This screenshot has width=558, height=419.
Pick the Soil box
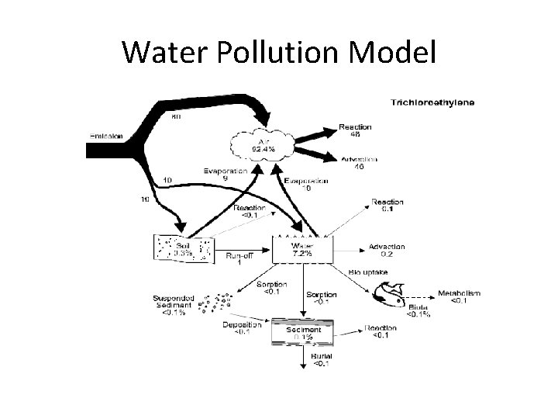tap(184, 248)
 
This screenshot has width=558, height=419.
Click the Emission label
tap(106, 136)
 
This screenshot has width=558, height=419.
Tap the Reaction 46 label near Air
tap(356, 130)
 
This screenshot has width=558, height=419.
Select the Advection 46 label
tap(359, 161)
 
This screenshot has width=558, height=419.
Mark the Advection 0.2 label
tap(386, 250)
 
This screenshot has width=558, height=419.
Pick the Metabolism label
tap(458, 294)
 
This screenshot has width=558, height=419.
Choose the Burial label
tap(321, 359)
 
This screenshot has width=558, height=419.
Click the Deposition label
tap(241, 327)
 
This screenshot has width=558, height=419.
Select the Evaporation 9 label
tap(226, 174)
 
